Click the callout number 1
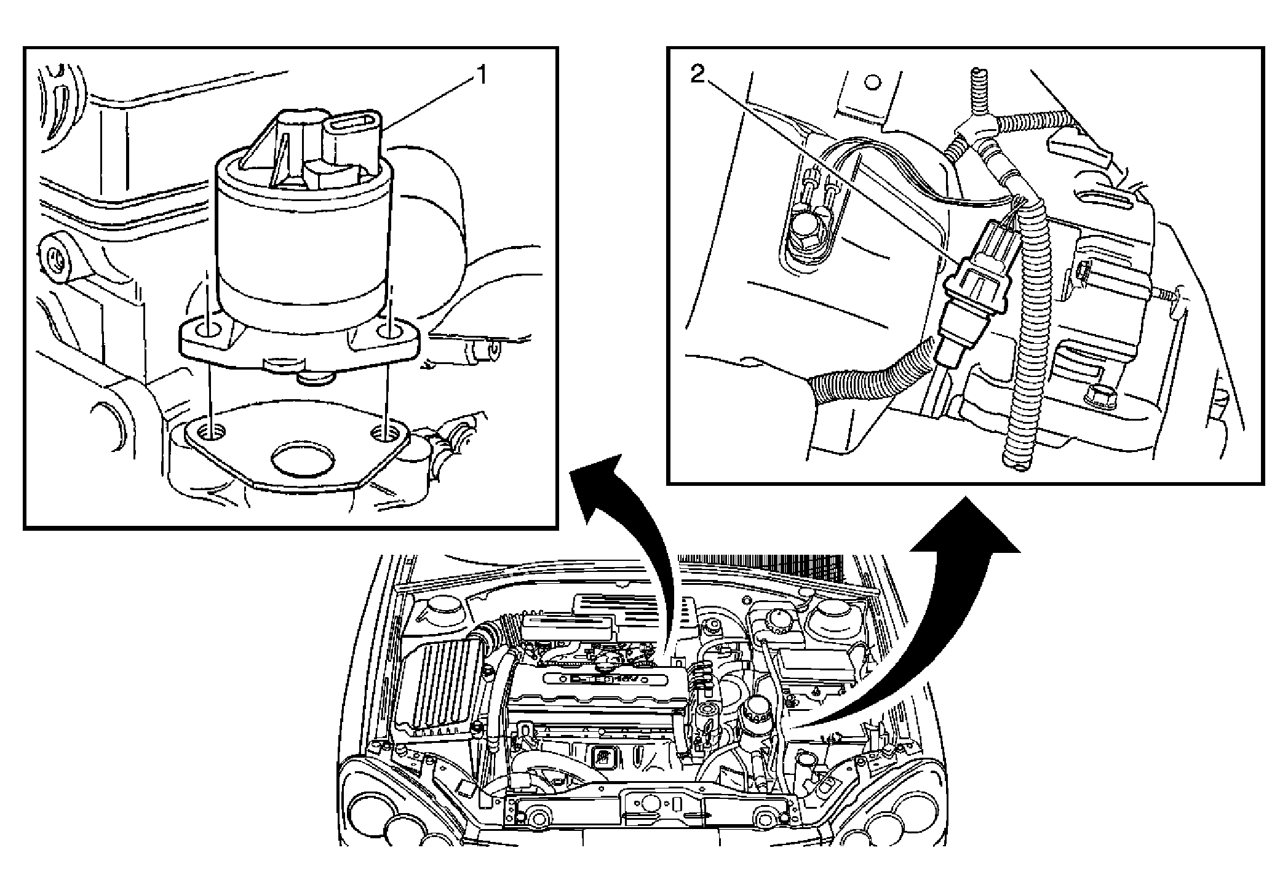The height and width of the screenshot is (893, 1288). coord(482,76)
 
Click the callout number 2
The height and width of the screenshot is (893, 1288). coord(697,75)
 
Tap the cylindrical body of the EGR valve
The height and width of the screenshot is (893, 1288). coord(303,246)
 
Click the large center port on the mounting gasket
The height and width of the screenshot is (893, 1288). coord(303,458)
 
